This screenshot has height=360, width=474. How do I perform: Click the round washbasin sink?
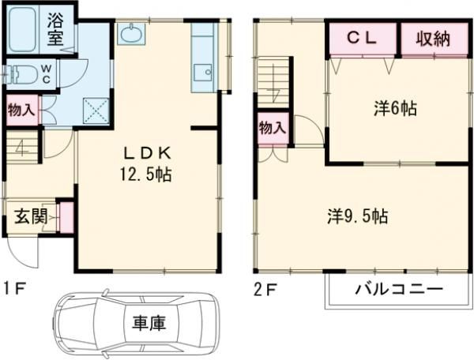129,35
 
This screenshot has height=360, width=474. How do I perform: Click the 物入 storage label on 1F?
21,110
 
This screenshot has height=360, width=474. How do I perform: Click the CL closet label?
363,38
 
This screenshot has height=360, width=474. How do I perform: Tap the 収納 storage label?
430,38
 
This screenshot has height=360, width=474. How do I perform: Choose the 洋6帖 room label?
395,111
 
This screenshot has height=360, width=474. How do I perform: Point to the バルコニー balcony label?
397,289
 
